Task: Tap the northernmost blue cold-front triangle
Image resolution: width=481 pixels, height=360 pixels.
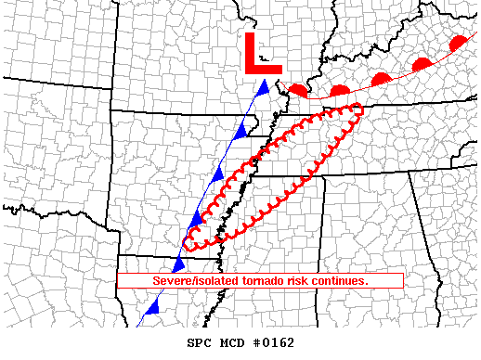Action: pyautogui.click(x=264, y=88)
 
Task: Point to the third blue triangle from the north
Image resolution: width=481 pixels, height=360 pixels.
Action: pyautogui.click(x=219, y=174)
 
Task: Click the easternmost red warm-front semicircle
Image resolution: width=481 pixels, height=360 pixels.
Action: pyautogui.click(x=458, y=44)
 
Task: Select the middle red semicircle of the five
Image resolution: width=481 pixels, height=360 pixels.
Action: pyautogui.click(x=380, y=79)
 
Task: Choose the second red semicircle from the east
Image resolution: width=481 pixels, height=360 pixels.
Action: pyautogui.click(x=422, y=64)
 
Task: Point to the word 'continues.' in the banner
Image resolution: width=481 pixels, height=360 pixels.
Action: pyautogui.click(x=341, y=280)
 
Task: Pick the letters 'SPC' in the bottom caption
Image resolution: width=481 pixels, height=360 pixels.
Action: pyautogui.click(x=200, y=343)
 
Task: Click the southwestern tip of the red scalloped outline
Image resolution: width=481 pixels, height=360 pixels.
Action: pyautogui.click(x=188, y=245)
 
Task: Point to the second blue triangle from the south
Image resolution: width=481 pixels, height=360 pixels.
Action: pyautogui.click(x=177, y=264)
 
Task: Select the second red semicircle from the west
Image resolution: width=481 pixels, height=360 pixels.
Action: pyautogui.click(x=339, y=91)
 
